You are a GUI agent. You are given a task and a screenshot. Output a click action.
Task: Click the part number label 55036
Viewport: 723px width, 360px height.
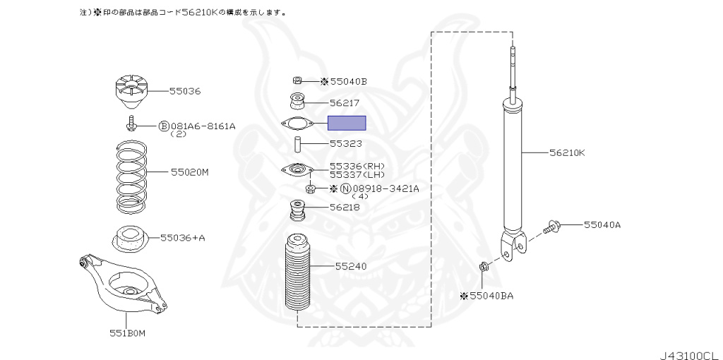(x=185, y=91)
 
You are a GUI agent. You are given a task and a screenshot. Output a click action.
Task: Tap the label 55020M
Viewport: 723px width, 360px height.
(x=189, y=172)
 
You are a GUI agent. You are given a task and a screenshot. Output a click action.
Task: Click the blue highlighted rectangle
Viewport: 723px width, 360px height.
(x=347, y=124)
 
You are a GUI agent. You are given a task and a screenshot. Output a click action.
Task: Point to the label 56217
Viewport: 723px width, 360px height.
(x=345, y=102)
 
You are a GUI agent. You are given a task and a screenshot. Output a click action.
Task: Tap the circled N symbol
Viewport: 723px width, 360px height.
(x=345, y=188)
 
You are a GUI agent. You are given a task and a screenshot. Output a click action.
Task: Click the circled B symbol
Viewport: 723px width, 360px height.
(x=163, y=126)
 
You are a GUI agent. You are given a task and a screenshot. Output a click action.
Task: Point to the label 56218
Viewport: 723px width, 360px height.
(x=345, y=208)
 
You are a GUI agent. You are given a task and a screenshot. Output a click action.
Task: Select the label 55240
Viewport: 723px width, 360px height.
(x=351, y=267)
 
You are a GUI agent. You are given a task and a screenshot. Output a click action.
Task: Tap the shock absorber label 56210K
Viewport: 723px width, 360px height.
(x=567, y=152)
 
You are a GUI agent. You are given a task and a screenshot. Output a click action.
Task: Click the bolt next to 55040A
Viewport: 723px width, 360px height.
(x=552, y=227)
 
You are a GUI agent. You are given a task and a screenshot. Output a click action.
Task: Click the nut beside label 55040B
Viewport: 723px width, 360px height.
(x=298, y=80)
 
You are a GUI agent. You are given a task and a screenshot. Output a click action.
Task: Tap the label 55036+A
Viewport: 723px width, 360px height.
(x=182, y=238)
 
